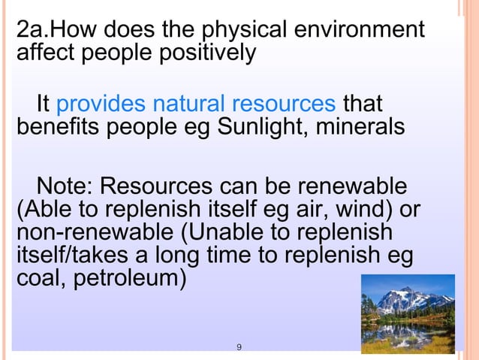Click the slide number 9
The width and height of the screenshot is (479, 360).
coord(239,346)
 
